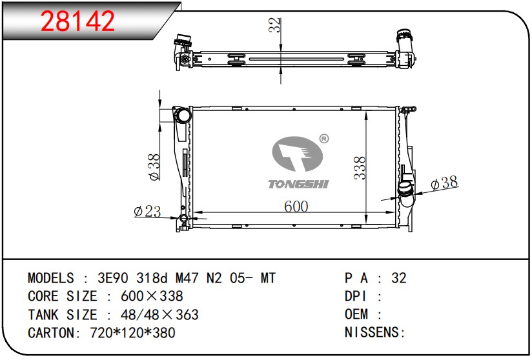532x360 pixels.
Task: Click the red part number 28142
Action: pos(77,21)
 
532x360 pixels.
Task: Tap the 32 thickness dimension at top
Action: pos(275,25)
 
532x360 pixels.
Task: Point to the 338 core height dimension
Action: pos(360,168)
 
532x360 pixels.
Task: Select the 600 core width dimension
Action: pos(296,206)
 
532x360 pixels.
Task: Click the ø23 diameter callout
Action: pos(147,211)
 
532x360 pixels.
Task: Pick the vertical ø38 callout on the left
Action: pos(154,167)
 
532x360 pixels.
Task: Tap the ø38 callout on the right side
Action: pos(444,183)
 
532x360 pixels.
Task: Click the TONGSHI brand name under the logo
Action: pos(298,184)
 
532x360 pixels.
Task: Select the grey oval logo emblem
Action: pos(297,154)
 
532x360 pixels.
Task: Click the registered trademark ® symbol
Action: pos(324,138)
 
